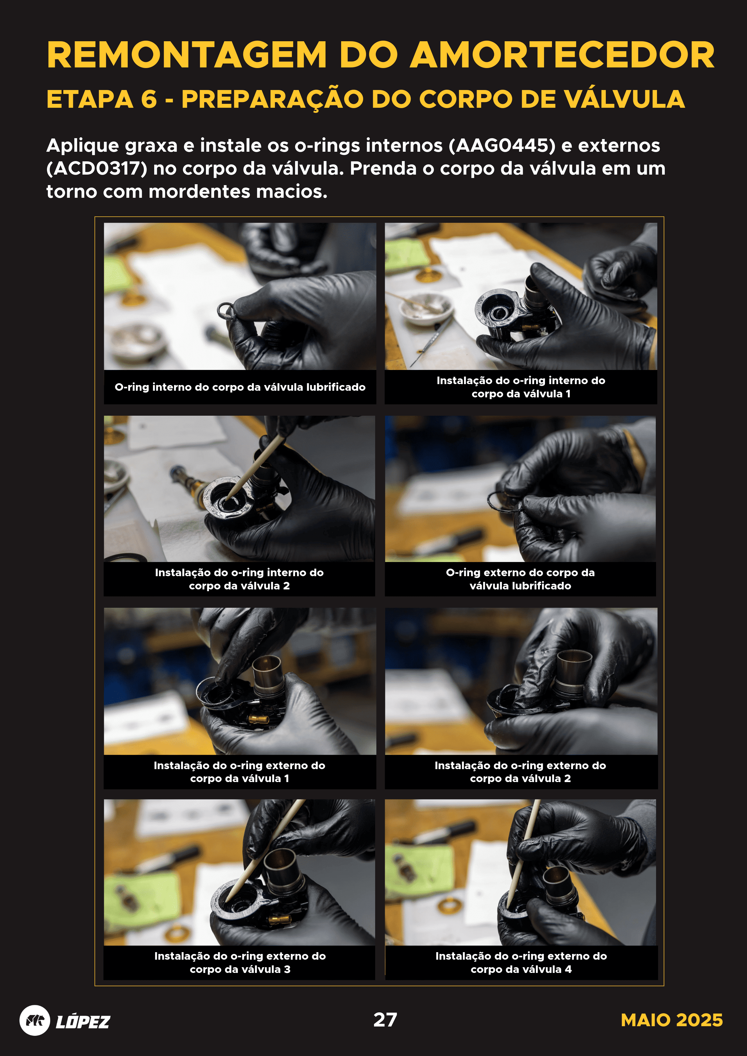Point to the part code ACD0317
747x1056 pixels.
pos(97,168)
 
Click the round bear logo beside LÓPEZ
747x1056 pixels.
pos(35,1020)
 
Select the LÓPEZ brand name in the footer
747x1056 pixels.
pos(83,1021)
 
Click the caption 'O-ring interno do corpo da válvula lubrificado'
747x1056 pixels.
pos(240,387)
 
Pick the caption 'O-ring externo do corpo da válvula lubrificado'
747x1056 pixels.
pos(520,579)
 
